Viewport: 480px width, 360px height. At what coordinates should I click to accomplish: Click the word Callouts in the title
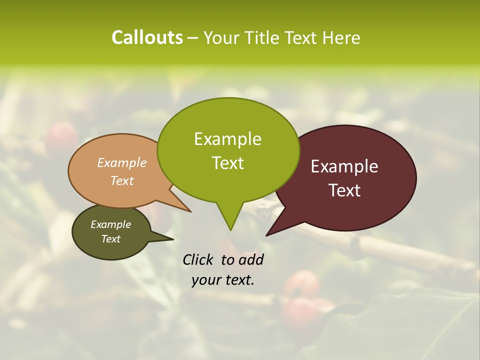pos(147,37)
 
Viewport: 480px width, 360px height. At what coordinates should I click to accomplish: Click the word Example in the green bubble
pos(227,139)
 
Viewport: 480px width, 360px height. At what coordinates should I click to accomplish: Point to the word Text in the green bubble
pos(227,163)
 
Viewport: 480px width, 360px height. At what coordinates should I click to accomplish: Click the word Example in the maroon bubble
pos(344,166)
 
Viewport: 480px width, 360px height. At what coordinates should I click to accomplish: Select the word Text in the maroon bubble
pos(344,190)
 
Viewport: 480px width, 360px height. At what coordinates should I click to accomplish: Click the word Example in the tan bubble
pos(122,162)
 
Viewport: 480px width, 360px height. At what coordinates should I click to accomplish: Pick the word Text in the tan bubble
pos(122,180)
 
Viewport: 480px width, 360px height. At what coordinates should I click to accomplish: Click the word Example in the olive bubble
pos(110,224)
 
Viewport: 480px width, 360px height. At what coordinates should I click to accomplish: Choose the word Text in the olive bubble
pos(110,239)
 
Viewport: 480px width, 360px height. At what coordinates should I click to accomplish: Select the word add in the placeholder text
pos(250,259)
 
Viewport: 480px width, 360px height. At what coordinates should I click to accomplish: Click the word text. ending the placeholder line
pos(238,280)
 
